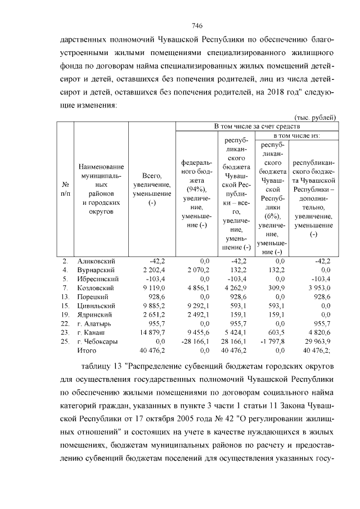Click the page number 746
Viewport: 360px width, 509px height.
click(196, 26)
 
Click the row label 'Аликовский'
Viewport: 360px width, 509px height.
click(97, 261)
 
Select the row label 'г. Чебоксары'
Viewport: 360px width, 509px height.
click(98, 341)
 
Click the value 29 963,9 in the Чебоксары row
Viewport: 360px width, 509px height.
click(320, 341)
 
